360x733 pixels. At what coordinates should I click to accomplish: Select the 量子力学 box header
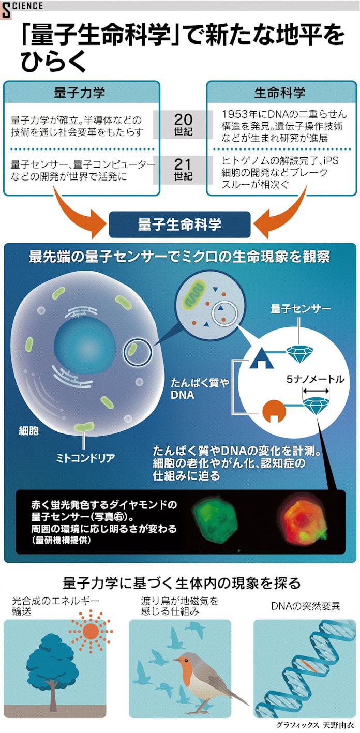click(80, 93)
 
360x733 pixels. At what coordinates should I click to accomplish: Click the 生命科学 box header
click(279, 93)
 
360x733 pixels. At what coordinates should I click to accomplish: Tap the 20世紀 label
click(183, 124)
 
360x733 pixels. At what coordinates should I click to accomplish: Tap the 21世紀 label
click(183, 170)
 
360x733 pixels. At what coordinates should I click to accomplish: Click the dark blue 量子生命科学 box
click(179, 224)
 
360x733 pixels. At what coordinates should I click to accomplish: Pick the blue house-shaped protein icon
click(261, 358)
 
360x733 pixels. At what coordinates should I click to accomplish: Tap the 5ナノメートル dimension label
click(315, 379)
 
